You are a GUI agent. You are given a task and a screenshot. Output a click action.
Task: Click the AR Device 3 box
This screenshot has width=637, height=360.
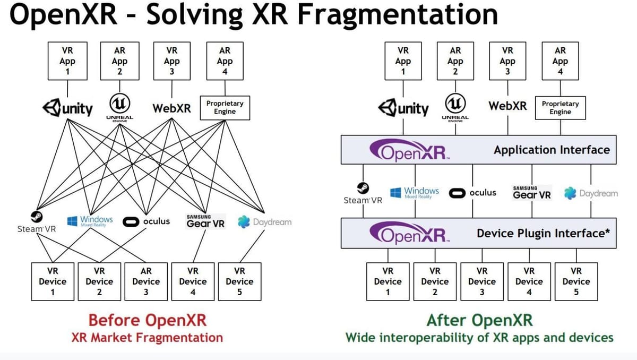[x=145, y=281]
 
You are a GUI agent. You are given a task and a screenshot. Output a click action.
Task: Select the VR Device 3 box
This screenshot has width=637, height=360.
[x=481, y=281]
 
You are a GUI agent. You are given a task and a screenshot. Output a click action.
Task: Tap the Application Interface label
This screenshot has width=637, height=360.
[x=552, y=150]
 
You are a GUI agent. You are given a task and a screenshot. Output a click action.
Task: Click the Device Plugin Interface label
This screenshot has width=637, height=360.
[x=543, y=233]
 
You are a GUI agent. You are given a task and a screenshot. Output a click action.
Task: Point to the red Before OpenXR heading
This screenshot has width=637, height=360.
[x=147, y=320]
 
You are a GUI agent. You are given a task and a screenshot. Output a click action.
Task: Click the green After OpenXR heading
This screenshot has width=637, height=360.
[x=479, y=320]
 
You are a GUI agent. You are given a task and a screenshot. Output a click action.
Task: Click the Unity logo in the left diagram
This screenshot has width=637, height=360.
[x=67, y=108]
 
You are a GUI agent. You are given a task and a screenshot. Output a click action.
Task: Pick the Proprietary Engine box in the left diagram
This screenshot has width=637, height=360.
[x=225, y=108]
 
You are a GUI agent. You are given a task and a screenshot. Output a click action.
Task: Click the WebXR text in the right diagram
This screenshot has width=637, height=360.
[x=507, y=106]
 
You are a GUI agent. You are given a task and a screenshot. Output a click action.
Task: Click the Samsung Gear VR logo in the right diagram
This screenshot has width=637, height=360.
[x=532, y=193]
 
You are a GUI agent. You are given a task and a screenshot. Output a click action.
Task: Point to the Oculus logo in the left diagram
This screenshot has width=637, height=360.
[x=147, y=221]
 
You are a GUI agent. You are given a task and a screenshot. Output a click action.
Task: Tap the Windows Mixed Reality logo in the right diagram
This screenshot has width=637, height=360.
[x=415, y=192]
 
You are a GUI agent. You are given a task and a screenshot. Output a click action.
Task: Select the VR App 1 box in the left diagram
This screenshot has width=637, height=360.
[x=67, y=61]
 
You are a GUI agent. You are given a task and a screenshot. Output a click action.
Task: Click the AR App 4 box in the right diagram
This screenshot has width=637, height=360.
[x=560, y=61]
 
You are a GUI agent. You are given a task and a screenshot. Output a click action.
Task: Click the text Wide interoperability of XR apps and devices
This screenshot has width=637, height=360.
[x=479, y=338]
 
